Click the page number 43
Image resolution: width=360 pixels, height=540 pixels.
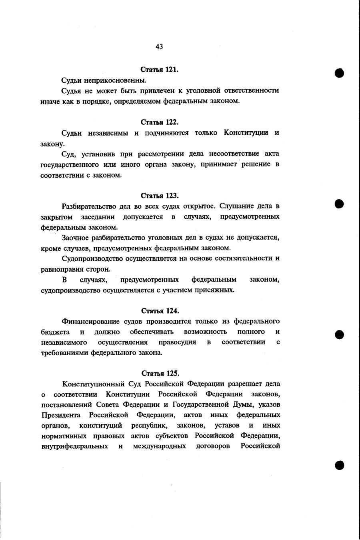pyautogui.click(x=159, y=47)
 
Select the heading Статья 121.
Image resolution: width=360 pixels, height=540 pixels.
pyautogui.click(x=160, y=70)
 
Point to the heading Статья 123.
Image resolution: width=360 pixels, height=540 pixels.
pyautogui.click(x=160, y=196)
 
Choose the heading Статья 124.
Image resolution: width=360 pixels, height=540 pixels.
pyautogui.click(x=160, y=311)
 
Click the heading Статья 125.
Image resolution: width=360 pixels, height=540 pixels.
pyautogui.click(x=160, y=374)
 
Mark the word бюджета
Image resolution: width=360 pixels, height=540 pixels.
pyautogui.click(x=55, y=332)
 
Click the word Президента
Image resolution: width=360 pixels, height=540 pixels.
pyautogui.click(x=61, y=415)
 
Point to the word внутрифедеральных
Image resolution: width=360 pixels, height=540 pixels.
pyautogui.click(x=74, y=446)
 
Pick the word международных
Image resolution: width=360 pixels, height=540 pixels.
pyautogui.click(x=159, y=446)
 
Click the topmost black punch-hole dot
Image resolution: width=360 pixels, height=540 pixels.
pyautogui.click(x=340, y=73)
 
